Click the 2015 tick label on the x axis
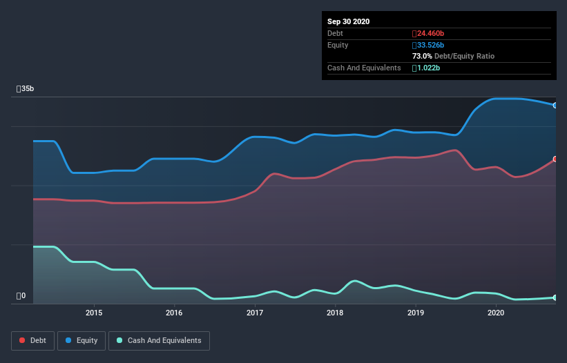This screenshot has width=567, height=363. click(94, 313)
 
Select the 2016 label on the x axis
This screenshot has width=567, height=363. click(174, 313)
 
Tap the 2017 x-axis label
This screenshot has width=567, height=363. click(255, 313)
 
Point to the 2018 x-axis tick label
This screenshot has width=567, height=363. click(335, 313)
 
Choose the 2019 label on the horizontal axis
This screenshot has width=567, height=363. click(416, 313)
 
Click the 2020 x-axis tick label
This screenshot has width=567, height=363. click(496, 313)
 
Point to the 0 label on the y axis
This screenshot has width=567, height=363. click(21, 296)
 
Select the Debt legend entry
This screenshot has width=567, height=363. click(32, 340)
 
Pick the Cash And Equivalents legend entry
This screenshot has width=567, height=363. click(159, 340)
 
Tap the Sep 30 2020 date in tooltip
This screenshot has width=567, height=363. click(348, 21)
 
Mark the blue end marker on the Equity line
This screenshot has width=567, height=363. click(555, 105)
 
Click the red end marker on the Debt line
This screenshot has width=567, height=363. click(555, 159)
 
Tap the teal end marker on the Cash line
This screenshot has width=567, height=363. click(555, 297)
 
